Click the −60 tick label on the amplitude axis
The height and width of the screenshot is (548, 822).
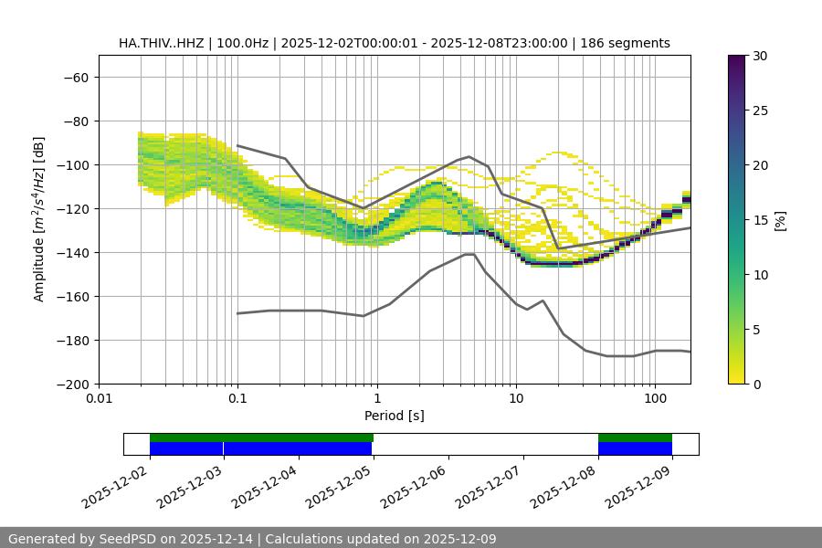[75, 77]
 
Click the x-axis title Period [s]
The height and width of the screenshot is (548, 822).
[394, 416]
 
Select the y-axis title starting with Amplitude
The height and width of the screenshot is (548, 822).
[39, 219]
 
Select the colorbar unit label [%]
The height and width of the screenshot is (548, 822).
[780, 219]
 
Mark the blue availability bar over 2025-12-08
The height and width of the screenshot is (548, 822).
[635, 448]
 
